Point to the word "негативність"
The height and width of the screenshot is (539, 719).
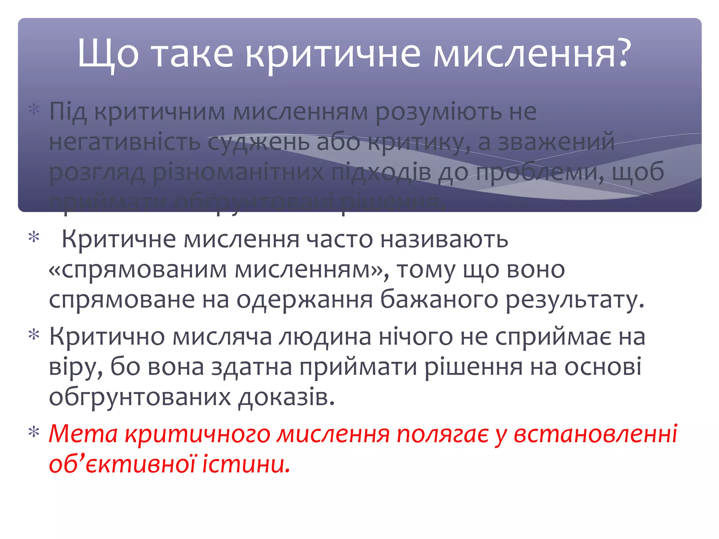click(125, 142)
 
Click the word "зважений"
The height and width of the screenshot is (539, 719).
click(556, 142)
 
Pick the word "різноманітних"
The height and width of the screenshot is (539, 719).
click(238, 172)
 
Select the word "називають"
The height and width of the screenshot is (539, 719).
click(444, 239)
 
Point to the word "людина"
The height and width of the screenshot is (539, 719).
click(325, 337)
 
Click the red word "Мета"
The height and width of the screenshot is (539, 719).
click(83, 434)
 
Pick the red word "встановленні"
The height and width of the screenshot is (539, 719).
click(595, 434)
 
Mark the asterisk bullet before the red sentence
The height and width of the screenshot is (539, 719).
click(34, 432)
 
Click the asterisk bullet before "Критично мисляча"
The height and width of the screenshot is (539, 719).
click(34, 335)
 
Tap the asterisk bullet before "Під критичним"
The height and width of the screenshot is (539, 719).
click(34, 110)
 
